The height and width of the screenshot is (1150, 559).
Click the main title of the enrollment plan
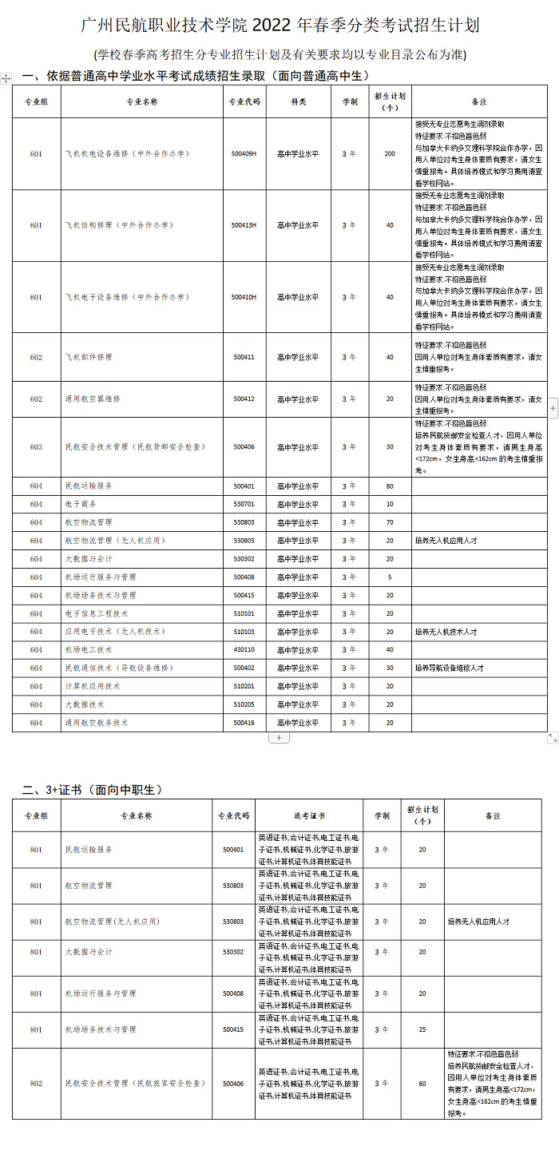tap(280, 26)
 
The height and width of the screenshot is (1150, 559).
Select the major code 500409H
tap(244, 153)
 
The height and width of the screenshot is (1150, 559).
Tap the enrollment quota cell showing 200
tap(390, 153)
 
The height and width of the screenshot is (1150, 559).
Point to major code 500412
tap(244, 399)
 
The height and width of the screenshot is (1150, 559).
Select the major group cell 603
tap(36, 447)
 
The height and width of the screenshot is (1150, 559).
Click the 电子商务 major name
tap(81, 504)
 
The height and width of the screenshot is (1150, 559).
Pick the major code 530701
tap(244, 504)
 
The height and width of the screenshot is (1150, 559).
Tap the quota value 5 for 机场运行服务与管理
tap(390, 577)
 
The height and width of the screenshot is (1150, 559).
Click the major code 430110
tap(244, 649)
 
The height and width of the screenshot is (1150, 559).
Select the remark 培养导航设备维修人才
tap(449, 668)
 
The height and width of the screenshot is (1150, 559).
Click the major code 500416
tap(244, 723)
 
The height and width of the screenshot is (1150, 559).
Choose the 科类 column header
tap(298, 102)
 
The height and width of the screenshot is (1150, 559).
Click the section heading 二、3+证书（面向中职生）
tap(92, 790)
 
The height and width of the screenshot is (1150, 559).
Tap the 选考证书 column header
tap(309, 815)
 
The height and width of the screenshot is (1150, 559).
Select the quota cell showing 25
tap(422, 1029)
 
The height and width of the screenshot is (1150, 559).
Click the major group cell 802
tap(36, 1084)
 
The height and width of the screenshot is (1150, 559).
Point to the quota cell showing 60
tap(422, 1084)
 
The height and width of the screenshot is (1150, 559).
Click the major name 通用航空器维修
tap(93, 399)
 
